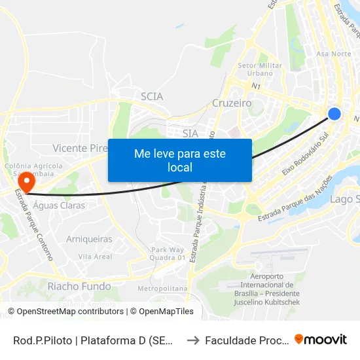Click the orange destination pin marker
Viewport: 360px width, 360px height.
pyautogui.click(x=26, y=179)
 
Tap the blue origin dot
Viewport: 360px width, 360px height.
pyautogui.click(x=334, y=114)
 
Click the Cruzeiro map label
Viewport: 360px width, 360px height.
pyautogui.click(x=232, y=103)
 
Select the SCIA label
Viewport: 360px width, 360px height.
pyautogui.click(x=152, y=96)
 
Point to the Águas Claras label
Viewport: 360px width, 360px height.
pyautogui.click(x=55, y=205)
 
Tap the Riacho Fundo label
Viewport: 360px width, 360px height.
pyautogui.click(x=79, y=286)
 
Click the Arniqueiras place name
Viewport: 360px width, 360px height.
pyautogui.click(x=89, y=239)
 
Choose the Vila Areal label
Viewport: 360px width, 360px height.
pyautogui.click(x=95, y=257)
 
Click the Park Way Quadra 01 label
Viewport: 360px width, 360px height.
pyautogui.click(x=168, y=253)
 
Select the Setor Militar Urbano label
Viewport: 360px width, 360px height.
pyautogui.click(x=260, y=69)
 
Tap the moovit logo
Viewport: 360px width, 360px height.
pyautogui.click(x=321, y=339)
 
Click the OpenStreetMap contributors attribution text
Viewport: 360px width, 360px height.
pyautogui.click(x=65, y=312)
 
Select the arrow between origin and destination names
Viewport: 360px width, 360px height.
pyautogui.click(x=192, y=340)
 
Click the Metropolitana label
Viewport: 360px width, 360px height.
pyautogui.click(x=163, y=288)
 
